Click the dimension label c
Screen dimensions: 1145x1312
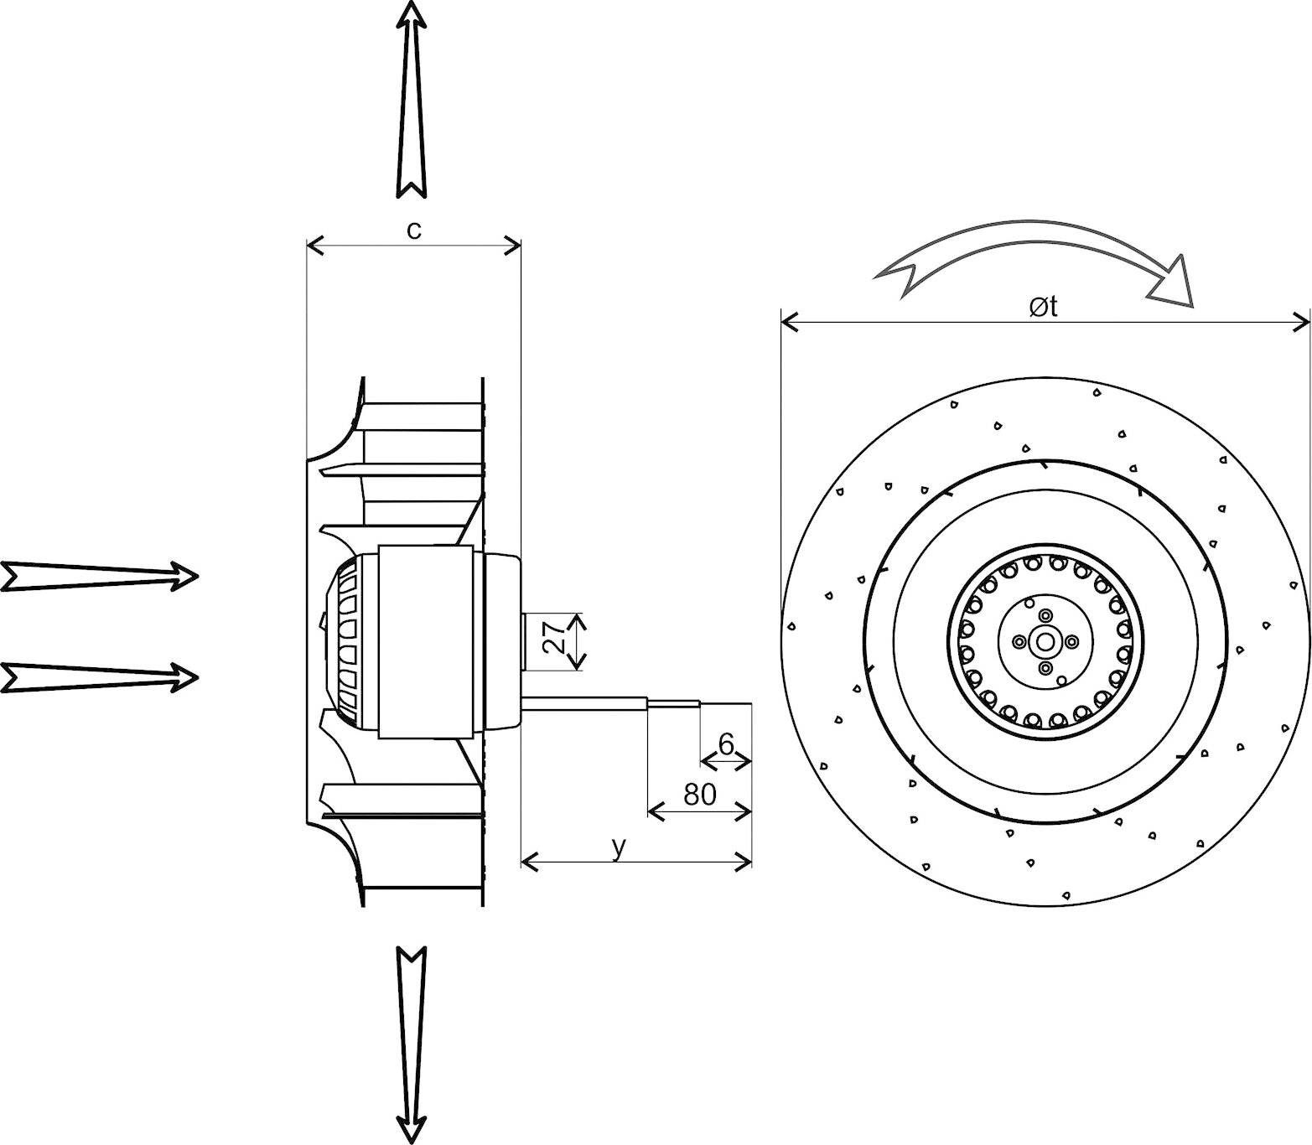pos(414,231)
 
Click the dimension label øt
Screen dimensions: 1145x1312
pos(1044,308)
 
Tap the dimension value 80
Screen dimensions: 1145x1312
pos(700,794)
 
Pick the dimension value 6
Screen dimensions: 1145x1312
pos(726,743)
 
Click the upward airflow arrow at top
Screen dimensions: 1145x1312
pos(411,101)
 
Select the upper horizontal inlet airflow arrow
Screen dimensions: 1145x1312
pos(101,577)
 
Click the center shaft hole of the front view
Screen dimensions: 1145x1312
pos(1045,642)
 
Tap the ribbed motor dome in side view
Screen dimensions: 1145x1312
pos(356,642)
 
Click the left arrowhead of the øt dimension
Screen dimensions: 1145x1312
pos(788,322)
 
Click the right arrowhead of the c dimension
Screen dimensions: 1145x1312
pos(513,246)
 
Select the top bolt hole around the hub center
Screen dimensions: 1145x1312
pos(1045,615)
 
